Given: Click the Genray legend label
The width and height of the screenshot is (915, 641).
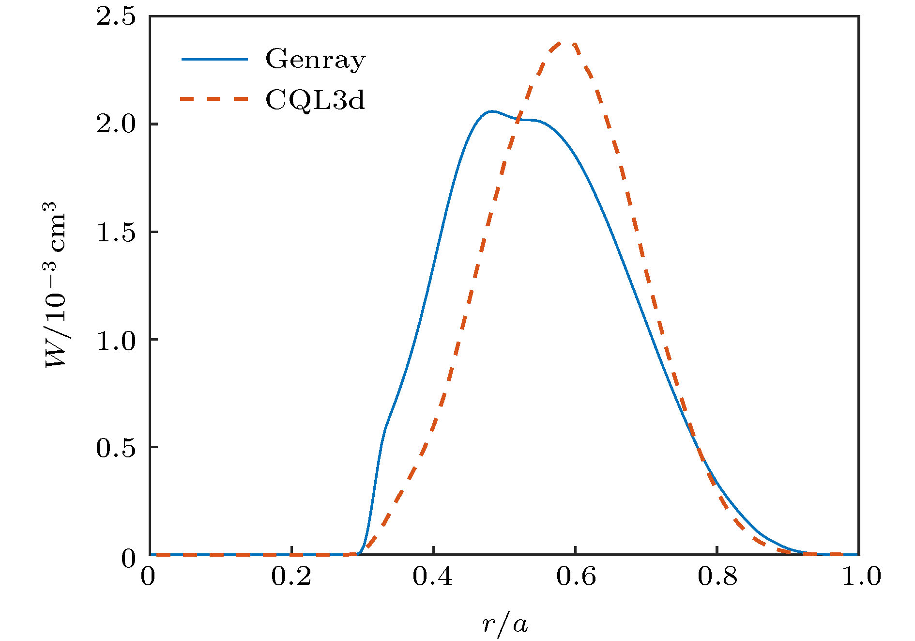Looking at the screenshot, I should point(315,60).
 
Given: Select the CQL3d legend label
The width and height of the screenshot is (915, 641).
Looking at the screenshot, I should point(315,100).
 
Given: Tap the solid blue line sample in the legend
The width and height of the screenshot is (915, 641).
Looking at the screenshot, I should point(214,60).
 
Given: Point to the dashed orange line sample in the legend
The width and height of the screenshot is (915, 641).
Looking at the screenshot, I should point(214,99).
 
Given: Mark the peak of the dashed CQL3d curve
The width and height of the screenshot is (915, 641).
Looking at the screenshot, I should point(566,43).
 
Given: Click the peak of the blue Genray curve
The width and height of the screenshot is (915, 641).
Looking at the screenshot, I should point(491,111).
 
